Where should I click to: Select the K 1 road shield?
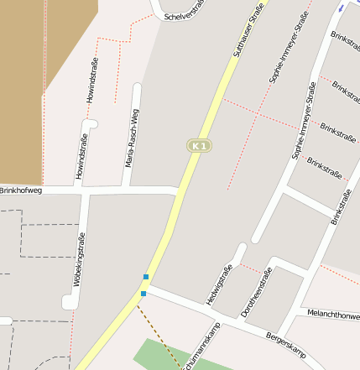(x=199, y=146)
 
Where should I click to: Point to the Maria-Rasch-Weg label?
(x=132, y=137)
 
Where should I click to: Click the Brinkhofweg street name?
(x=21, y=191)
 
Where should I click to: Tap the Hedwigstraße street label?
(x=220, y=284)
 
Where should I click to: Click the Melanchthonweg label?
(x=333, y=315)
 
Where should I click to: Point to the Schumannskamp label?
(x=203, y=345)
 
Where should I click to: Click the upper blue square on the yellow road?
(x=146, y=277)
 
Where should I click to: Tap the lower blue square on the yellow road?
(x=143, y=294)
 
